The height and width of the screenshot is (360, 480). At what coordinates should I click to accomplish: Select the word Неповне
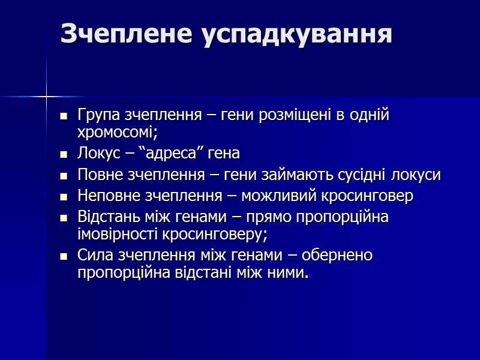106,196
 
